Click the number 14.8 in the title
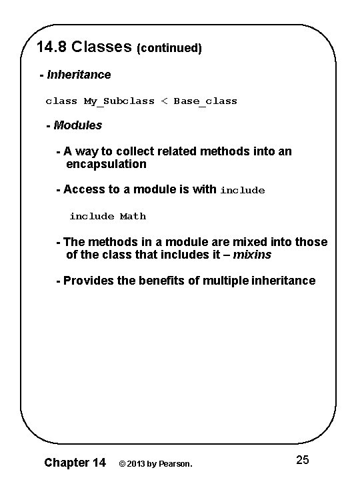(52, 47)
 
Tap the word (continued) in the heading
(169, 49)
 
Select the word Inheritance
(79, 75)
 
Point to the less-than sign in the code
(163, 101)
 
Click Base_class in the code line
(205, 101)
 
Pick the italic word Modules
(77, 125)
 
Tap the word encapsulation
(107, 164)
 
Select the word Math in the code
(133, 216)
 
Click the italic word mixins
(253, 255)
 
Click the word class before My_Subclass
(61, 101)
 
